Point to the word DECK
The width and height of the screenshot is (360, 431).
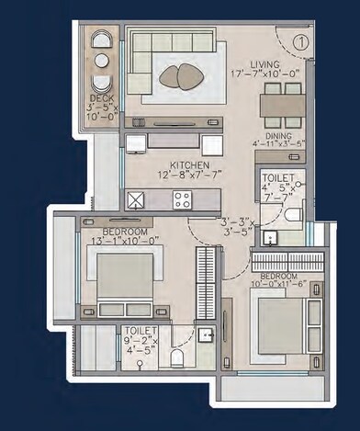click(x=102, y=97)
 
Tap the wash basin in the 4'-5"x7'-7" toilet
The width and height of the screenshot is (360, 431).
click(x=269, y=236)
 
